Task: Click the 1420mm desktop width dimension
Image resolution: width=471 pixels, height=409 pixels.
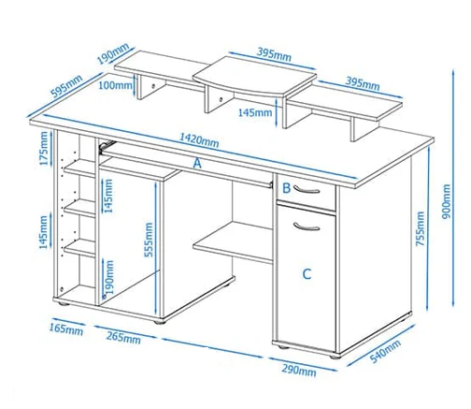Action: pos(199,140)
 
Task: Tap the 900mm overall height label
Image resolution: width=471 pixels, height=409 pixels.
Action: pos(447,201)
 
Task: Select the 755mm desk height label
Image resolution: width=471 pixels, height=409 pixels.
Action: pos(421,228)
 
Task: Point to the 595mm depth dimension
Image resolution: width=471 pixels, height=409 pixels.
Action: pos(66,86)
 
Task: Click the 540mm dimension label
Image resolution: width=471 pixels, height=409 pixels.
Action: pos(385,352)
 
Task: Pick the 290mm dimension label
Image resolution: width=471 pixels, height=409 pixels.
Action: pos(299,370)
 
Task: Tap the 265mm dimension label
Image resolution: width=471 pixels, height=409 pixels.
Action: pos(123,337)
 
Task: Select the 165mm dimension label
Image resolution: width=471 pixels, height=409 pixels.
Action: pos(66,329)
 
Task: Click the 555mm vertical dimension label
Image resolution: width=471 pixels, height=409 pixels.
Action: pos(149,240)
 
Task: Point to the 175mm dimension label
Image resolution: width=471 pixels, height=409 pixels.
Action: pos(44,149)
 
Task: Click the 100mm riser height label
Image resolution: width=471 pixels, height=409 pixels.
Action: pos(115,85)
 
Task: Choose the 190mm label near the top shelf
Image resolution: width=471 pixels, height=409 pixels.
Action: pos(113,53)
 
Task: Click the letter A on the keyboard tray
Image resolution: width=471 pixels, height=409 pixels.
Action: pos(197,163)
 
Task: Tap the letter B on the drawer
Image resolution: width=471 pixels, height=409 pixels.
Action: pos(286,188)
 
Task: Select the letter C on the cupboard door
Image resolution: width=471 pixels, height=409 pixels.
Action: pos(307,274)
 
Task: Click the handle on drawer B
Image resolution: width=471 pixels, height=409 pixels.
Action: pos(307,190)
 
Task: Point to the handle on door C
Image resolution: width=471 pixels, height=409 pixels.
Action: pos(307,226)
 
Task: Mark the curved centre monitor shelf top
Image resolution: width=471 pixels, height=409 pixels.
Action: pos(255,76)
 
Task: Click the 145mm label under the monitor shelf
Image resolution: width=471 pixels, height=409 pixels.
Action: pos(255,112)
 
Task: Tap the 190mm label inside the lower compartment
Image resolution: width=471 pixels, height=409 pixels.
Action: pos(108,277)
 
